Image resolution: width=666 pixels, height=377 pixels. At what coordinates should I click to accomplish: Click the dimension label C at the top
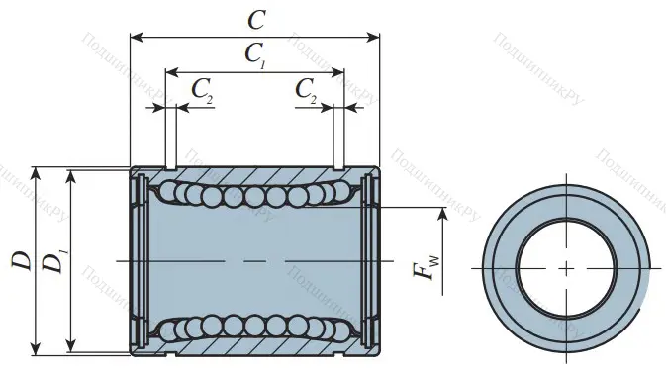[256, 18]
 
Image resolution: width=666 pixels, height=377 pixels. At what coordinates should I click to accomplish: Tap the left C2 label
[201, 90]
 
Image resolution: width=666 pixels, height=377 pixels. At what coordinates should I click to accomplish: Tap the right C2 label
[307, 90]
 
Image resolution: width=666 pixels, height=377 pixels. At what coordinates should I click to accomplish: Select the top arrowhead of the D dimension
[37, 171]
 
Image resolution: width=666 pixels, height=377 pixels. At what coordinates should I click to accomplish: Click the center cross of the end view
[566, 268]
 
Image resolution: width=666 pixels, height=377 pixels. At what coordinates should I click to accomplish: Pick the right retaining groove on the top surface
[338, 167]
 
